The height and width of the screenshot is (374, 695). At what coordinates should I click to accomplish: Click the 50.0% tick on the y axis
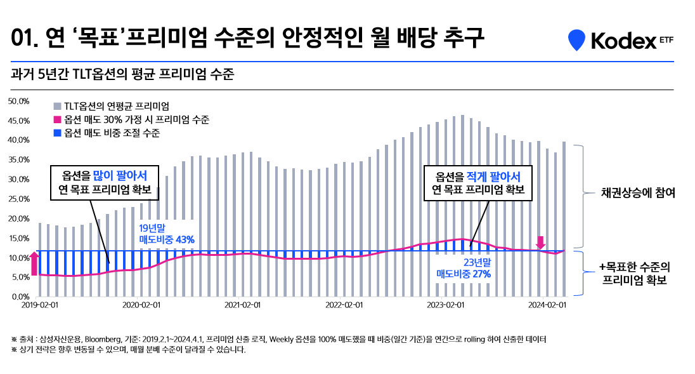pos(18,101)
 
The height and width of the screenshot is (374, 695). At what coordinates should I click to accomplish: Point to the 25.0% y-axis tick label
pos(18,199)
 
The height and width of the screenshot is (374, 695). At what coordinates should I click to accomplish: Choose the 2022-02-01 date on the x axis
pos(340,305)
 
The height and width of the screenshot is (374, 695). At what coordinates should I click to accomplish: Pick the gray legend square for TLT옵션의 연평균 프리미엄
pos(57,106)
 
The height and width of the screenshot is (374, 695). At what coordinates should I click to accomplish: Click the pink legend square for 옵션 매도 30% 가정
pos(57,119)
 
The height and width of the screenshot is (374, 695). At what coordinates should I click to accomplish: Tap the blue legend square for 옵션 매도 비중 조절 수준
pos(57,133)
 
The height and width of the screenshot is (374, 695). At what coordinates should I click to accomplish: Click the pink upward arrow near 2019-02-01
pos(34,262)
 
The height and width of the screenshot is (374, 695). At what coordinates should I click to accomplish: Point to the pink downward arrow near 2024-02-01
pos(540,242)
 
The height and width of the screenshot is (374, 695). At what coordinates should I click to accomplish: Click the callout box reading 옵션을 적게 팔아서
pos(477,183)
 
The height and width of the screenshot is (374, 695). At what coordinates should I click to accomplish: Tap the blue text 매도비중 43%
pos(167,239)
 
